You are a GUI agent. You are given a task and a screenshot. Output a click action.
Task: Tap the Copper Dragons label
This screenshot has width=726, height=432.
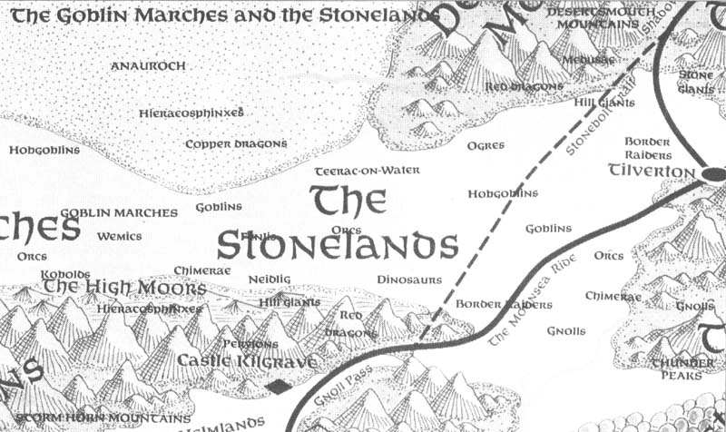(x=236, y=143)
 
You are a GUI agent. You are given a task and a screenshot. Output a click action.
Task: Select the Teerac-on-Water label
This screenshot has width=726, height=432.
(x=349, y=171)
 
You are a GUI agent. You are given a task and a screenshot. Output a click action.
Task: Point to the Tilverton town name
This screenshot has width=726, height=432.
(x=651, y=170)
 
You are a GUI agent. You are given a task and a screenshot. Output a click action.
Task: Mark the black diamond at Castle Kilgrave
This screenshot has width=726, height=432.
(x=279, y=388)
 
